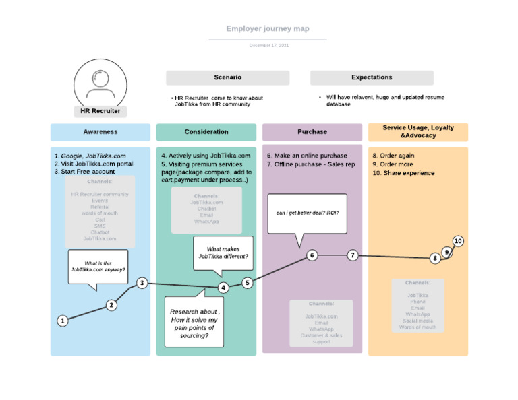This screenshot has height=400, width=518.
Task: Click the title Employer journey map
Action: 268,29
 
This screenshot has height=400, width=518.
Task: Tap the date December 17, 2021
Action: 268,45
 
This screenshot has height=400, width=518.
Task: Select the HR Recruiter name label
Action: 100,111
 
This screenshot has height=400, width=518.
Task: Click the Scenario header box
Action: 227,77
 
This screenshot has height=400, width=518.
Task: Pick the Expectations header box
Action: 372,77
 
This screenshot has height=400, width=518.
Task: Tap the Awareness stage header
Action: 100,132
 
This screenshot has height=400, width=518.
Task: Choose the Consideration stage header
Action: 206,132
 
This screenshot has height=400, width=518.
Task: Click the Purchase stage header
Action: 312,132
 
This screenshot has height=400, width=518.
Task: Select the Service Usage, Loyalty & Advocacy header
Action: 418,131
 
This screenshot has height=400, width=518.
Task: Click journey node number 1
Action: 62,321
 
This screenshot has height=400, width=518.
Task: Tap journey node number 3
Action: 142,283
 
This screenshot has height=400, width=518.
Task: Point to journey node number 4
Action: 223,288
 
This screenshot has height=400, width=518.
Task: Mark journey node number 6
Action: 312,255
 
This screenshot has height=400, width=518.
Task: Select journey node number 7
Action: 353,255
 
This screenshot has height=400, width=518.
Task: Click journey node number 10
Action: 458,241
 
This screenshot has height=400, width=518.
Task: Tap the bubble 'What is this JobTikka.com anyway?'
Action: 98,267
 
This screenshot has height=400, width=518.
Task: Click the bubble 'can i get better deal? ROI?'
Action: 308,213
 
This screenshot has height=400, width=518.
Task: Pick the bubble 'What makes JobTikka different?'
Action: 223,253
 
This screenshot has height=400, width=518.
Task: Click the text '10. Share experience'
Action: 403,173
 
